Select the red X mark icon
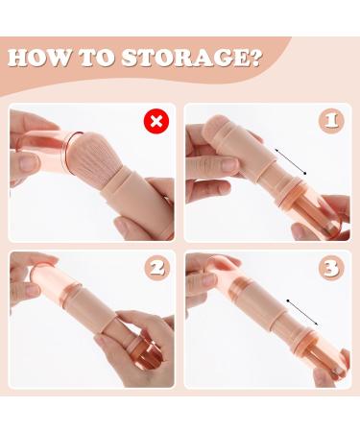click(x=154, y=123)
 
